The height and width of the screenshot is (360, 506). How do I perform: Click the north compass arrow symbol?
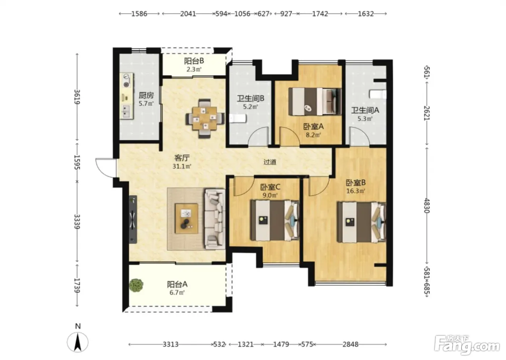pos(77,342)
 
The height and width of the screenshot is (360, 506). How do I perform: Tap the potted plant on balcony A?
pos(136,285)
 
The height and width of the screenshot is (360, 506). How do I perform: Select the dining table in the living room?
pos(205,118)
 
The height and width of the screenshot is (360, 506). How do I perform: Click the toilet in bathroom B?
pos(238,119)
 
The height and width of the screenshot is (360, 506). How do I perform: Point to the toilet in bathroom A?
pos(378,94)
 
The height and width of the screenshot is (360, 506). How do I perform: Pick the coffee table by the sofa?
pos(186,218)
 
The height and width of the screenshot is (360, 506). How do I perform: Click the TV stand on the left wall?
pos(133,219)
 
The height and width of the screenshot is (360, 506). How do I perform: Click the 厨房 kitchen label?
pos(146,95)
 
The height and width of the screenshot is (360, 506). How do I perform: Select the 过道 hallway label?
pos(270,162)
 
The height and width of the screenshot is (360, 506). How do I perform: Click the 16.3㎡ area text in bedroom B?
pos(356,191)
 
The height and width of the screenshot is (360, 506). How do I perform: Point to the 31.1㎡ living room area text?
pos(182,167)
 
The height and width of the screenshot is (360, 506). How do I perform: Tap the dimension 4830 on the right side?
pos(426,206)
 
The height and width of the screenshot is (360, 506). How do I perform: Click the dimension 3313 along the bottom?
pos(171,344)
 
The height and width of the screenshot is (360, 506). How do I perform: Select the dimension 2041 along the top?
pos(188,14)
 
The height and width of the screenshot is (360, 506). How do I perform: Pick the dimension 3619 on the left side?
pos(77,97)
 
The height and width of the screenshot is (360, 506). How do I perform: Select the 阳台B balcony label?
pos(194,61)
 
